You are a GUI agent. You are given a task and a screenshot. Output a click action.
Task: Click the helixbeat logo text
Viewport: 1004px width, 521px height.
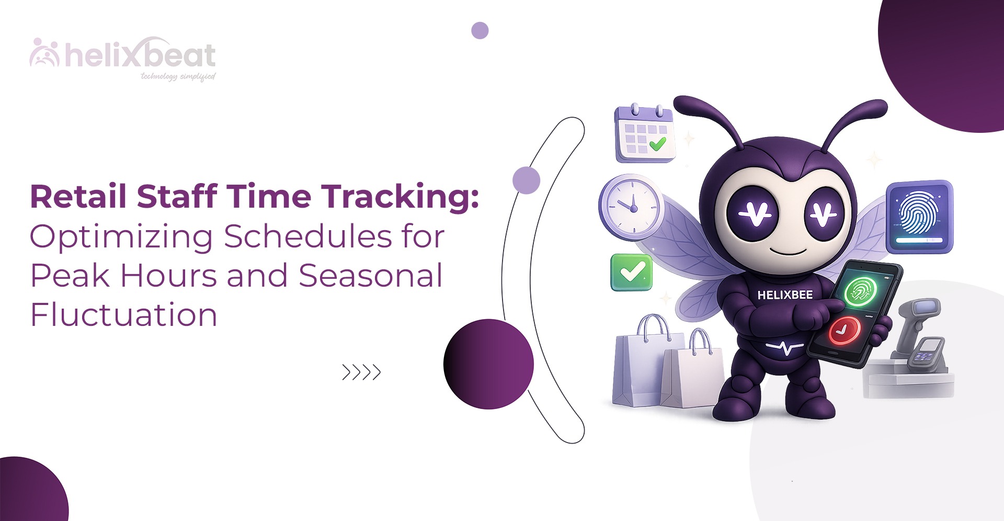[x=140, y=55]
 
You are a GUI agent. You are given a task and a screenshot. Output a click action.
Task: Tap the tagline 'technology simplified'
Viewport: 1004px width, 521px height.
[x=178, y=76]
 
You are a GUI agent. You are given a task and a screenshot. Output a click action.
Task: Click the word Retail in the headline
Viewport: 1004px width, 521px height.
[x=78, y=196]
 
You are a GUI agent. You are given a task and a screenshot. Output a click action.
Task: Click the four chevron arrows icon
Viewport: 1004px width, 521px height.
[x=361, y=372]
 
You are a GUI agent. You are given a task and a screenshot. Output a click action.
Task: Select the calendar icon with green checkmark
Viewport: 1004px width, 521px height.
[x=644, y=134]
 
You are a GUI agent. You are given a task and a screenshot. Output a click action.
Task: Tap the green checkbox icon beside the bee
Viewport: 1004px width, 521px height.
[x=632, y=273]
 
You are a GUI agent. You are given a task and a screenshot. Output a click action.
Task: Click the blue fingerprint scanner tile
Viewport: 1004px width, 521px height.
[x=919, y=217]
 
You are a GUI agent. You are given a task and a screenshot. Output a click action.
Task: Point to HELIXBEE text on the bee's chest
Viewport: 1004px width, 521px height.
[x=785, y=295]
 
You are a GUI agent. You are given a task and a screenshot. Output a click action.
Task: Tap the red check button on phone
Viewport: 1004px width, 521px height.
[x=844, y=330]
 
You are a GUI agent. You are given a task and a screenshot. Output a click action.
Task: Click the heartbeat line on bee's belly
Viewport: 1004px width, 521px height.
[x=784, y=348]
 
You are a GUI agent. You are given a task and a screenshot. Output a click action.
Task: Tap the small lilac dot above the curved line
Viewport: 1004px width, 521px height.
[x=480, y=30]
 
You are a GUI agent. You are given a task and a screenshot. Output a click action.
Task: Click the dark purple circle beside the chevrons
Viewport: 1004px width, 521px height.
[x=488, y=364]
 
